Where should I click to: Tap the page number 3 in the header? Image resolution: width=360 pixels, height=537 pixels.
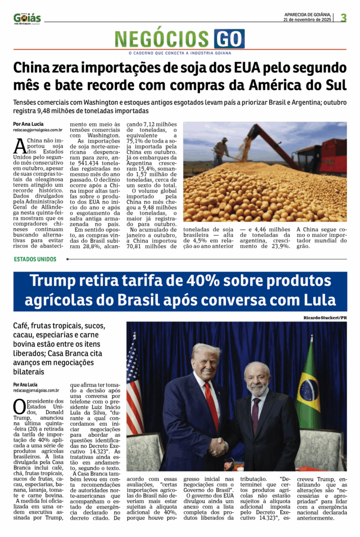tap(344, 18)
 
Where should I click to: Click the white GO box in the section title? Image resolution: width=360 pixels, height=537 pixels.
tap(229, 39)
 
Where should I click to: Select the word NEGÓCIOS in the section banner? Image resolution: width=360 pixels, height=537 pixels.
tap(162, 39)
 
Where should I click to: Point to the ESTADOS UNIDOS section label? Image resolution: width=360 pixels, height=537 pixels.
tap(35, 259)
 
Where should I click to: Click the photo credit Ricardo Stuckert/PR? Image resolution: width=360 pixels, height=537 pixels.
tap(325, 318)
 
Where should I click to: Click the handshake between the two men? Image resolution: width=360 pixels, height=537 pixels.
tap(218, 446)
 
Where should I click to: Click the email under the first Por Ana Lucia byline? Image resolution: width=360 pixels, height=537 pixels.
tap(38, 130)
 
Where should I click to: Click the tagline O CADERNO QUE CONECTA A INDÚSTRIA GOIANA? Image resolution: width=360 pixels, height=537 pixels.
tap(180, 53)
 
